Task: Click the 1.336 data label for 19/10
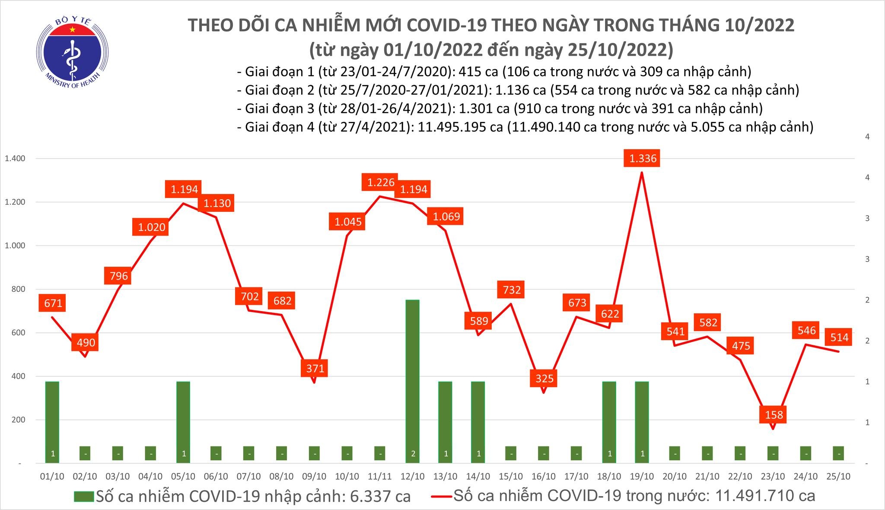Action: coord(643,159)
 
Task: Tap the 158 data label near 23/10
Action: coord(774,415)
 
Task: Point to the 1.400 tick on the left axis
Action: coord(15,159)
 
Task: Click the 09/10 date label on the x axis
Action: coord(314,476)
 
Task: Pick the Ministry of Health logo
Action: coord(72,53)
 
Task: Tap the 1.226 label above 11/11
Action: coord(381,182)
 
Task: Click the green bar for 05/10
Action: coord(183,421)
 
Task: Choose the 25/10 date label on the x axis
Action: coord(839,476)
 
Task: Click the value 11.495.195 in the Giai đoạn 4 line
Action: coord(459,127)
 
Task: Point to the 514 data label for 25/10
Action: coord(839,337)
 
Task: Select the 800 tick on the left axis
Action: coord(18,289)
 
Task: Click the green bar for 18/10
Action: coord(609,421)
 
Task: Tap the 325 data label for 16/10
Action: coord(544,379)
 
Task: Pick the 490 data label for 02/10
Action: coord(86,343)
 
